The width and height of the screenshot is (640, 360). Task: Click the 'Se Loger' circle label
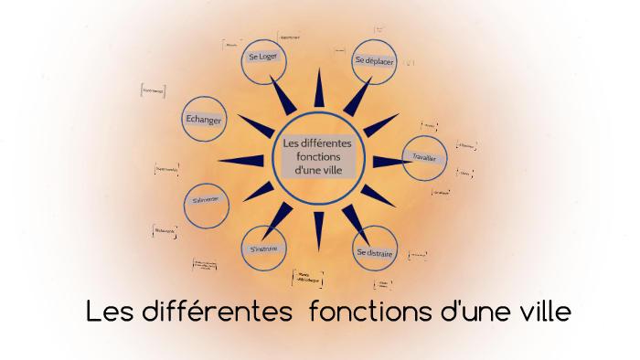(262, 57)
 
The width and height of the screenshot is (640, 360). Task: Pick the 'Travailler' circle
(425, 157)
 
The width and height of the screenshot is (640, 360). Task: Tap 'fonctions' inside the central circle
(317, 156)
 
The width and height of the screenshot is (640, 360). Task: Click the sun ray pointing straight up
(319, 90)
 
